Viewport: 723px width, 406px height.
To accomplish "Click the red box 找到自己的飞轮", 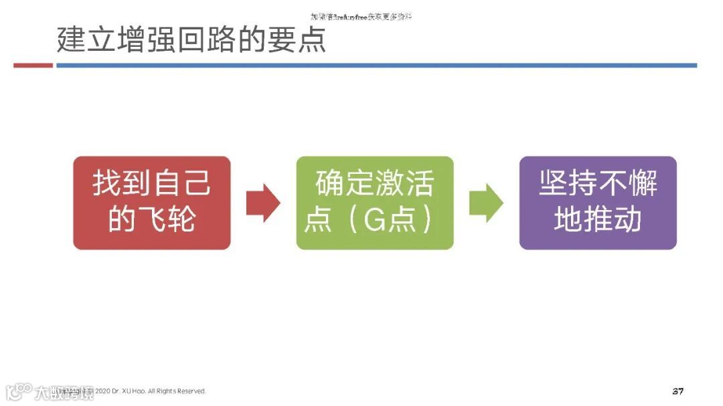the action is [151, 203].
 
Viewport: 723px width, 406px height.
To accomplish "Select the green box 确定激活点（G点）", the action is [374, 203].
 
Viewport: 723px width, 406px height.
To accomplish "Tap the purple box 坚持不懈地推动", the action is [598, 203].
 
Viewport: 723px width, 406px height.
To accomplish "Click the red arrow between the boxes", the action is [262, 203].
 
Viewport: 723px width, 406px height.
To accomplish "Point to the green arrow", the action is [485, 203].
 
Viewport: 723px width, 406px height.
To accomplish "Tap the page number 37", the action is [677, 391].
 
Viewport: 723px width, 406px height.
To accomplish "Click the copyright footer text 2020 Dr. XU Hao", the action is [151, 391].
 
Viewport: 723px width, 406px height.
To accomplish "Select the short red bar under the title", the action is [33, 66].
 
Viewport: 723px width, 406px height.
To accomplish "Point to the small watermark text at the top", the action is [361, 15].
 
